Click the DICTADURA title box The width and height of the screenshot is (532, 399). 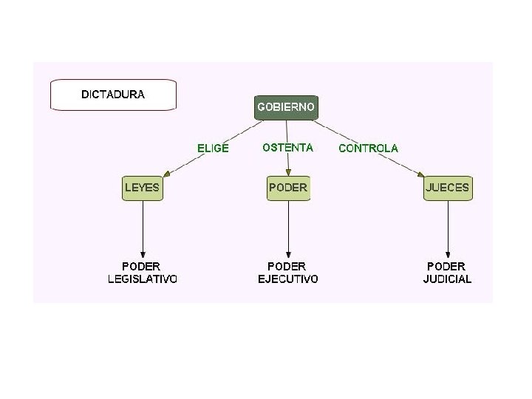coord(113,95)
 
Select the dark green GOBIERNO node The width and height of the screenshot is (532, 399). coord(286,107)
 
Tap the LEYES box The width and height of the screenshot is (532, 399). coord(142,188)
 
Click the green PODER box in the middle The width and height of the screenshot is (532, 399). coord(288,188)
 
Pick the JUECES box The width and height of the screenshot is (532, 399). coord(447,188)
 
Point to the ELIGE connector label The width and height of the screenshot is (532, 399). coord(213,148)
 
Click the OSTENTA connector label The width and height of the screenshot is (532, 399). coord(288,147)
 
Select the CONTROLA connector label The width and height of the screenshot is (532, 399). coord(368,148)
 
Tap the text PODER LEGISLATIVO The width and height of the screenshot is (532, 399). coord(142,272)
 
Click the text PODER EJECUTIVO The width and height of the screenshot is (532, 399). coord(288,272)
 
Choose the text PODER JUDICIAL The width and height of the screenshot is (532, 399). coord(447,272)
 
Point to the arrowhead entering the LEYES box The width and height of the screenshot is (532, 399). coord(167,174)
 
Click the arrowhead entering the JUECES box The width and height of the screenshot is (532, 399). coord(421,176)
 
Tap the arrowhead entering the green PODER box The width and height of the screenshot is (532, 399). coord(288,172)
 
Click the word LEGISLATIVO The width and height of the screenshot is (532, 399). coord(142,279)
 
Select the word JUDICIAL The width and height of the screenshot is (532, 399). coord(447,279)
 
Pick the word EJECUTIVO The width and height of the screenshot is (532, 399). coord(288,279)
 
